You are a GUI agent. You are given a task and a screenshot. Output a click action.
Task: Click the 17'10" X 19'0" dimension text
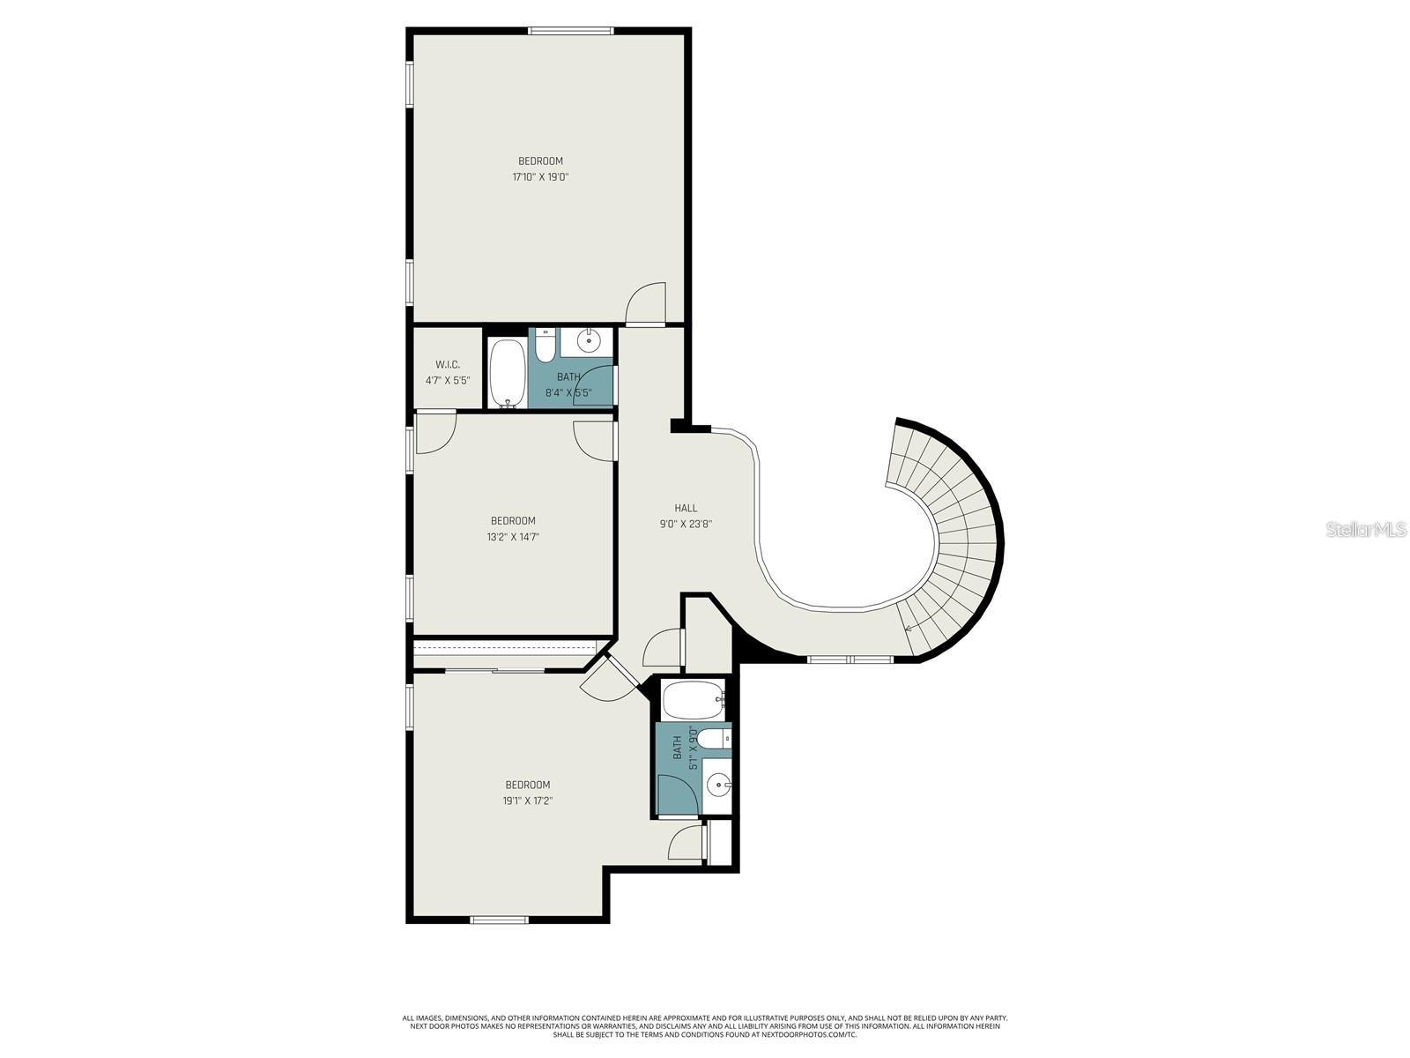tap(540, 177)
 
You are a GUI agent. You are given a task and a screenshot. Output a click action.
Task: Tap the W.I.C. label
tap(448, 365)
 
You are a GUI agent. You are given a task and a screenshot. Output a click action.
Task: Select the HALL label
tap(686, 508)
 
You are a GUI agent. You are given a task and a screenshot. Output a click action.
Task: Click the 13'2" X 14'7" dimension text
tap(513, 537)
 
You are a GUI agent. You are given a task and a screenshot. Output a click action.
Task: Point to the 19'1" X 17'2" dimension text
tap(527, 801)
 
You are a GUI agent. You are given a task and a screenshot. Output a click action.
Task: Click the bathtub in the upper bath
tap(506, 374)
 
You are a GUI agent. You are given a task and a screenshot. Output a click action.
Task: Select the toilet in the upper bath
tap(545, 346)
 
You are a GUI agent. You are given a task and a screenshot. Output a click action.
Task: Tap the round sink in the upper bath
tap(588, 339)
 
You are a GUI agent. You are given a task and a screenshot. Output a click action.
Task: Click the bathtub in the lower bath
tap(693, 701)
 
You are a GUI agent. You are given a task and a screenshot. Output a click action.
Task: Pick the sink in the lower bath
tap(719, 783)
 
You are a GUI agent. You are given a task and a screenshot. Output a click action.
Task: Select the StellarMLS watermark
tap(1365, 530)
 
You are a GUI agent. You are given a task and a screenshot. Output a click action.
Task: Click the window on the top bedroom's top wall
tap(570, 31)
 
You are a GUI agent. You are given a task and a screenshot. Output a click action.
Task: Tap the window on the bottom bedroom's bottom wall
tap(499, 920)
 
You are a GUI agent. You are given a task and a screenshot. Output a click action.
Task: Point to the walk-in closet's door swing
tap(435, 432)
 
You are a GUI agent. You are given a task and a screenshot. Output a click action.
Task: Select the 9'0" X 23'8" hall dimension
tap(686, 524)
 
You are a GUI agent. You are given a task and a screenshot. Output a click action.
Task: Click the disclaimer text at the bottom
tap(705, 1026)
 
